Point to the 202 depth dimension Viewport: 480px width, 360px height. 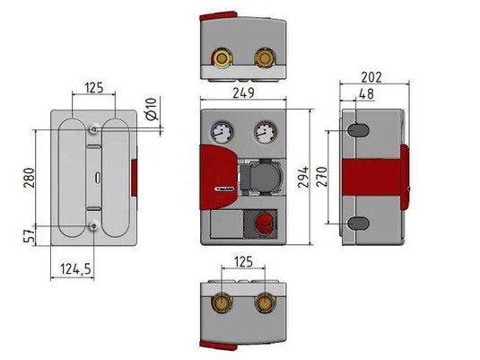pyautogui.click(x=371, y=77)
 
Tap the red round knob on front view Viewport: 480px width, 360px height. pyautogui.click(x=265, y=223)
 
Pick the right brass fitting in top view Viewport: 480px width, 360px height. pyautogui.click(x=264, y=61)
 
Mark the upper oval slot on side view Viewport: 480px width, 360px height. pyautogui.click(x=356, y=130)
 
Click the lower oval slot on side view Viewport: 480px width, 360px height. pyautogui.click(x=356, y=223)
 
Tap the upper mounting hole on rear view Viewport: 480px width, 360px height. pyautogui.click(x=94, y=129)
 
